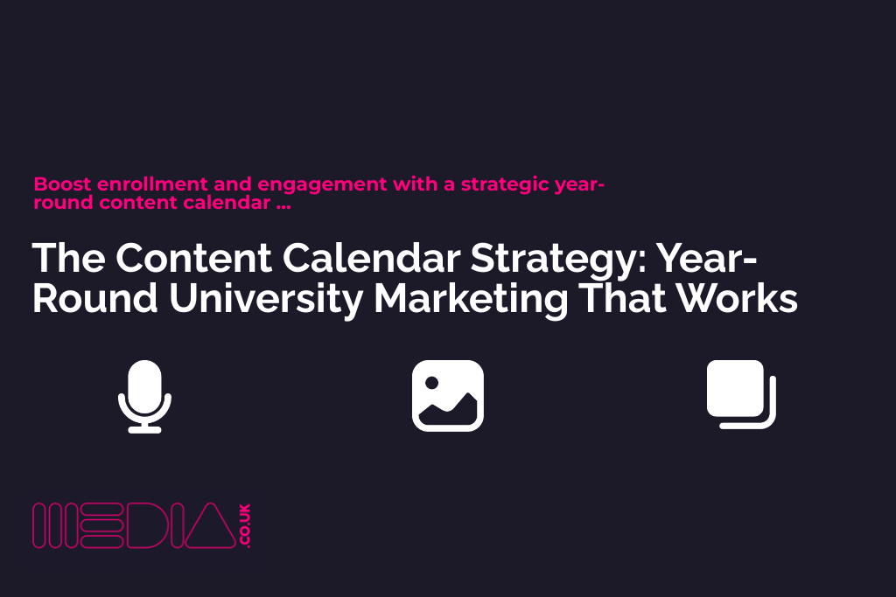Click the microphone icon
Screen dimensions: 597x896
pyautogui.click(x=144, y=397)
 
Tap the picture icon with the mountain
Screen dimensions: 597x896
pyautogui.click(x=447, y=396)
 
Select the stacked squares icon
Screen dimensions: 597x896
pyautogui.click(x=740, y=394)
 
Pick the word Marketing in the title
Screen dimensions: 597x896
pyautogui.click(x=469, y=299)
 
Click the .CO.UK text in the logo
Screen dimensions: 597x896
pyautogui.click(x=244, y=526)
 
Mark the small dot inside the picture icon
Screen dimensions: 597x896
pyautogui.click(x=431, y=382)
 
